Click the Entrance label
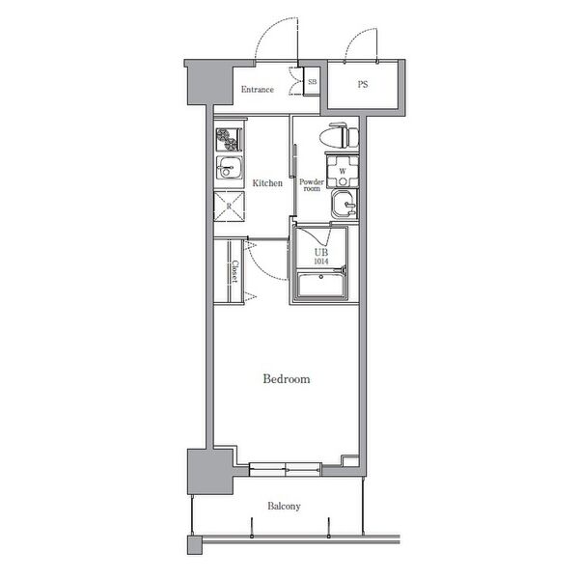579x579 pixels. [x=258, y=90]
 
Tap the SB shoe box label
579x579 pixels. [x=312, y=82]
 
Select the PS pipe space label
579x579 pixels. [x=363, y=84]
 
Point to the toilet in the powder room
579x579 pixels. [x=339, y=136]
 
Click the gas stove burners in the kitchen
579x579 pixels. [x=229, y=140]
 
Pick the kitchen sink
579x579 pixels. [x=229, y=168]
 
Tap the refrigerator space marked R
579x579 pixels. [x=229, y=207]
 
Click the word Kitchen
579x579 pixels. [x=267, y=182]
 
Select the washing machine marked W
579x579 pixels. [x=343, y=172]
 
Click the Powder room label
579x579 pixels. [x=312, y=185]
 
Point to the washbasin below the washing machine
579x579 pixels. [x=345, y=205]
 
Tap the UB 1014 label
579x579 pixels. [x=321, y=257]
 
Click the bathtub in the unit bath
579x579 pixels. [x=320, y=285]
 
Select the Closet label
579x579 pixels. [x=234, y=272]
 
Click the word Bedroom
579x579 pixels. [x=287, y=379]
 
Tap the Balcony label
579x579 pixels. [x=284, y=506]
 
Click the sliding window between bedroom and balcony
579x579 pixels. [x=285, y=469]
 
